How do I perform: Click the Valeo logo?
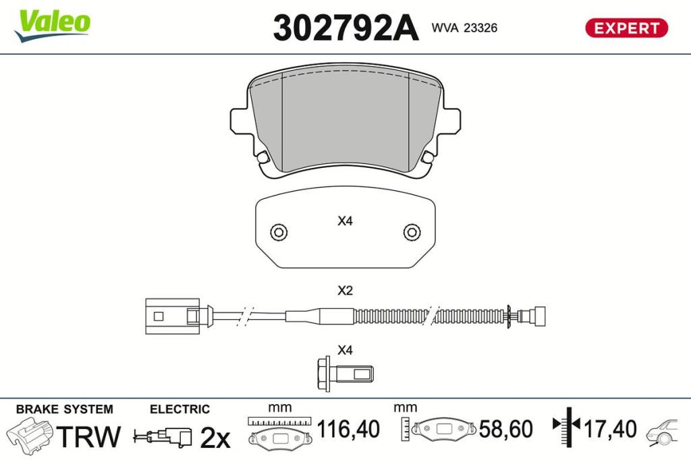[53, 25]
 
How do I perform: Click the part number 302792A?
[346, 28]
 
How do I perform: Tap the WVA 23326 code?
[464, 28]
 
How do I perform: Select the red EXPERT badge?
[627, 28]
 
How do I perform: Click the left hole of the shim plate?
[279, 232]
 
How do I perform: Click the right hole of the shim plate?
[412, 232]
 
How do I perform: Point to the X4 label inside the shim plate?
[345, 221]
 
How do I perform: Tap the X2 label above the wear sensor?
[345, 291]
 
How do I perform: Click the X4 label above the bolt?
[345, 350]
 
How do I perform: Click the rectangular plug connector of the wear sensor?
[172, 316]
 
